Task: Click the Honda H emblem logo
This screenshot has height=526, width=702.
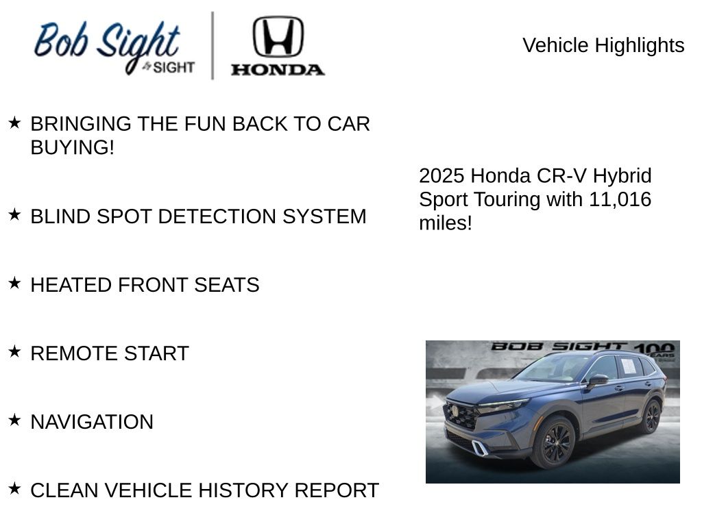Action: [278, 36]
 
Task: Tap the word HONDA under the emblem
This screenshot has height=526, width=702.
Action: [278, 69]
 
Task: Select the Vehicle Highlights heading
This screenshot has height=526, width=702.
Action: [603, 45]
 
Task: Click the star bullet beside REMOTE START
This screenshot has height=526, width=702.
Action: [14, 351]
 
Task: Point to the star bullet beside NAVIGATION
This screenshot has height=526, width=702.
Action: [14, 420]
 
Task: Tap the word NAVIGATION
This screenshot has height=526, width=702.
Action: [92, 422]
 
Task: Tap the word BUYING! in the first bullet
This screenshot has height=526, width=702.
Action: [73, 147]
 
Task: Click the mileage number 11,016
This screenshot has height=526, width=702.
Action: [620, 199]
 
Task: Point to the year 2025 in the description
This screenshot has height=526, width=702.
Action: [441, 176]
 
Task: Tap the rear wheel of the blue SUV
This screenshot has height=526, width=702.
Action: [651, 416]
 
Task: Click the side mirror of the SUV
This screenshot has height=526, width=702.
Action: [597, 379]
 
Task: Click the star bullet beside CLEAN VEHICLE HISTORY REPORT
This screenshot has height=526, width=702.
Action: [14, 488]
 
